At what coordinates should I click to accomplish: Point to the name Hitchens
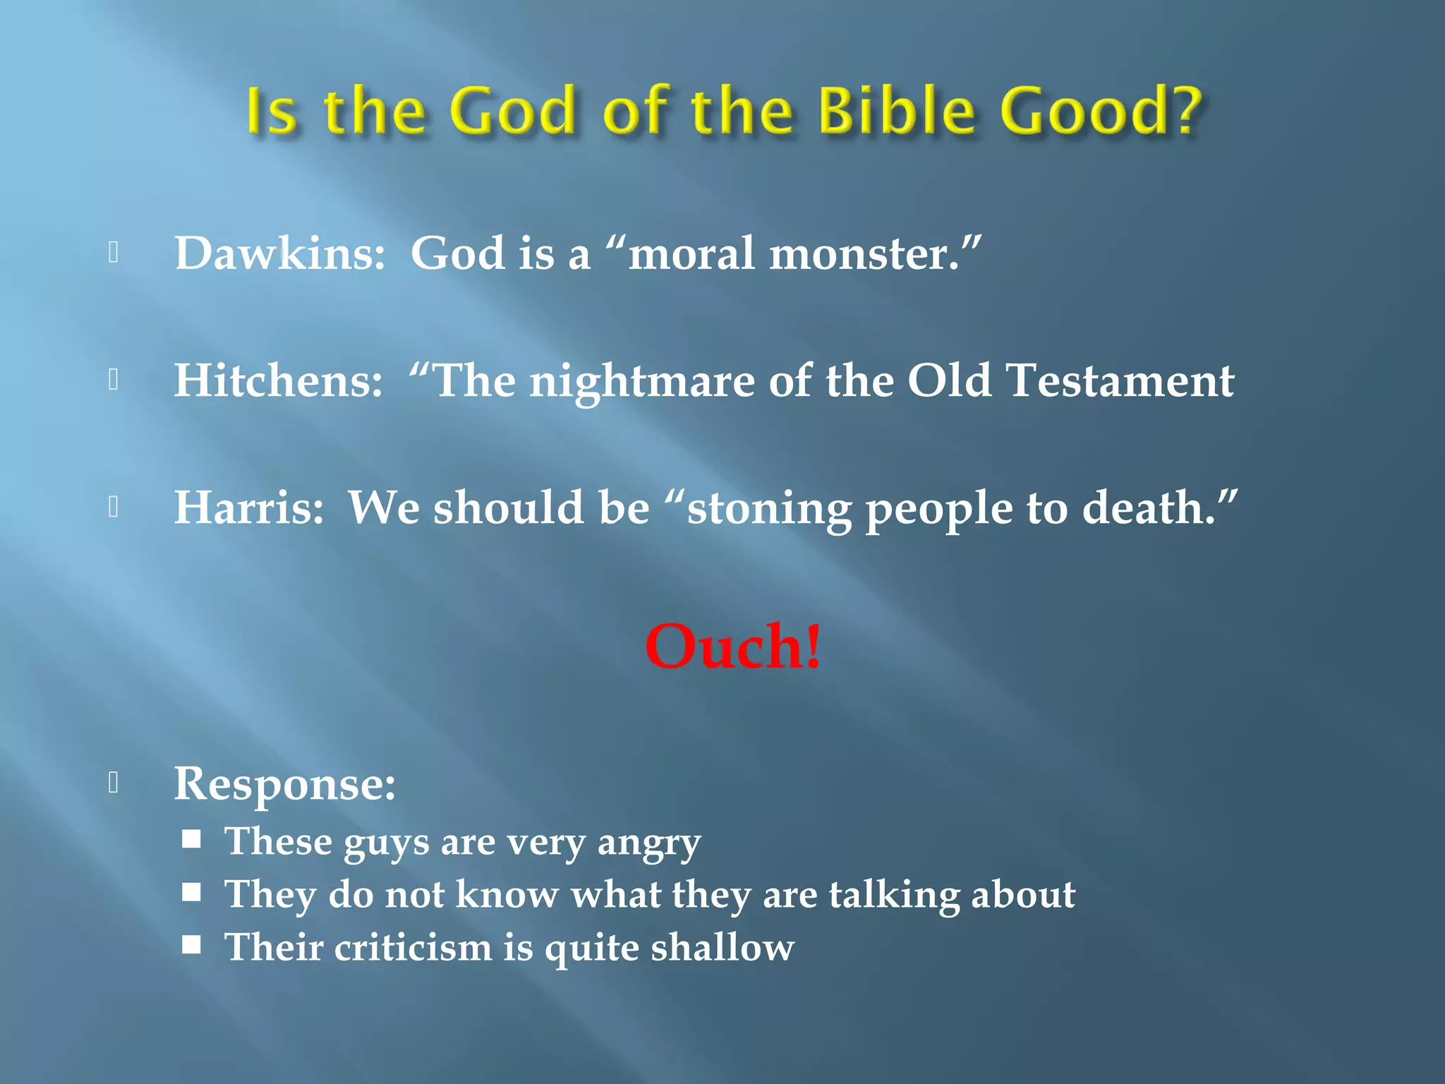(x=278, y=380)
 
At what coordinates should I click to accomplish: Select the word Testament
(x=1120, y=380)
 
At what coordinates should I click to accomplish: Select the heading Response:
(x=284, y=784)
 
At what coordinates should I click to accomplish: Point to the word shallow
(x=722, y=947)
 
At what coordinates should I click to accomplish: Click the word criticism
(x=413, y=947)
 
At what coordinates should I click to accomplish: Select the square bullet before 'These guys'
(x=191, y=839)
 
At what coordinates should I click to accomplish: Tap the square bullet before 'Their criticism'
(x=191, y=944)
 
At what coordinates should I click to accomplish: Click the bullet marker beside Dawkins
(x=113, y=252)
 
